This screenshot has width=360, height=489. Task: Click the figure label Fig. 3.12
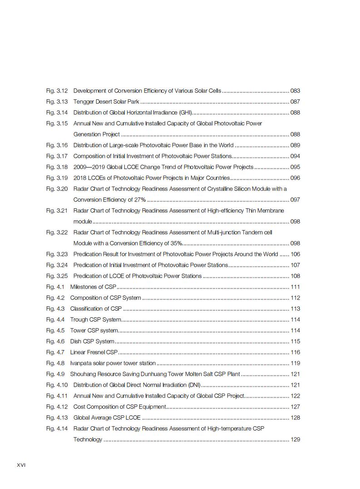pyautogui.click(x=57, y=91)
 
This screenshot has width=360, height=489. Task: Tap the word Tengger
pyautogui.click(x=84, y=102)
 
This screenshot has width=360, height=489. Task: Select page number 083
pyautogui.click(x=295, y=91)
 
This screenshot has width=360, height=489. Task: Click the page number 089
pyautogui.click(x=295, y=145)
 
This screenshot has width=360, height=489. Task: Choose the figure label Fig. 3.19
pyautogui.click(x=57, y=178)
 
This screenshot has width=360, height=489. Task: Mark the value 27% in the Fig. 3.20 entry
pyautogui.click(x=140, y=200)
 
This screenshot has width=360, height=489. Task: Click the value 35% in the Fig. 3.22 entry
pyautogui.click(x=176, y=243)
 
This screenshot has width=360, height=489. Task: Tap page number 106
pyautogui.click(x=295, y=254)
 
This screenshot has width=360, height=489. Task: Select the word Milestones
pyautogui.click(x=84, y=287)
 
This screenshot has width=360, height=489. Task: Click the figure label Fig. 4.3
pyautogui.click(x=55, y=309)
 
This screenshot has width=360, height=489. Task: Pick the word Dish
pyautogui.click(x=76, y=341)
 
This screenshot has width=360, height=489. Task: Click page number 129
pyautogui.click(x=295, y=440)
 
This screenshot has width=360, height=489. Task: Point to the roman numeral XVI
pyautogui.click(x=21, y=465)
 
